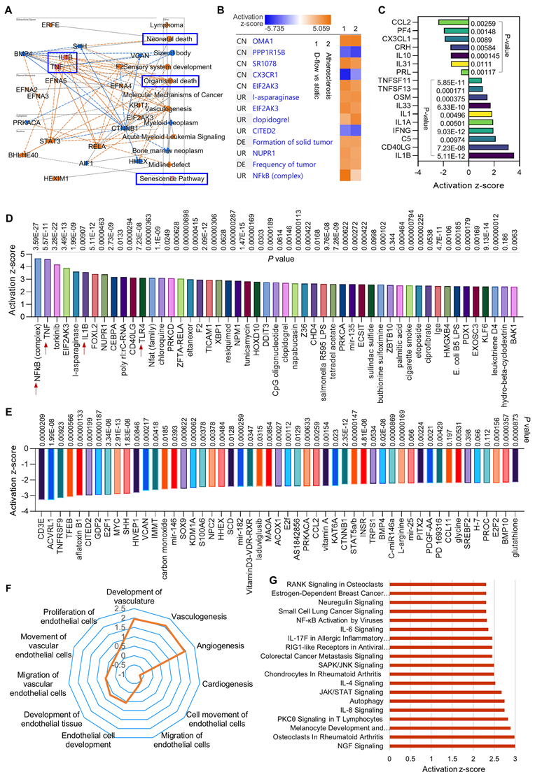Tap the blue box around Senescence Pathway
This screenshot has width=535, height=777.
click(172, 179)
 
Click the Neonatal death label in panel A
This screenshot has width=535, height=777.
click(169, 38)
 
